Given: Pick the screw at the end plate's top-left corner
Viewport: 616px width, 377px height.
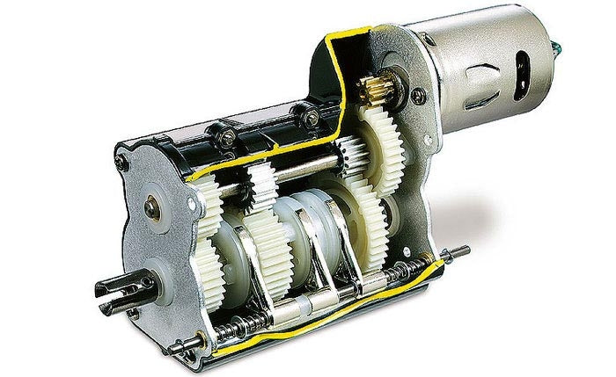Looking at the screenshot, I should (x=123, y=157).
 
